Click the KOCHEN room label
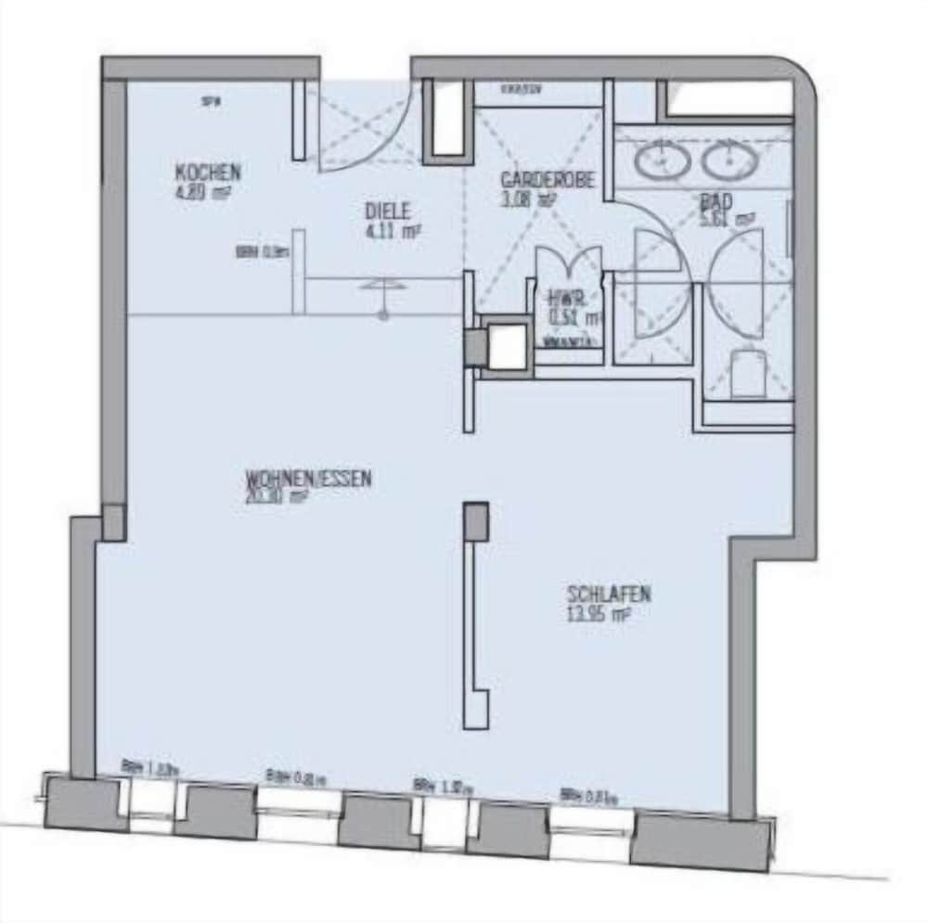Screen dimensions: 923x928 [x=208, y=173]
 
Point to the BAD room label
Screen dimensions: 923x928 [x=716, y=200]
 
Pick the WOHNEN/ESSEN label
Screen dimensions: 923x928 [x=309, y=479]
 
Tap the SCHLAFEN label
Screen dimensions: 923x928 [x=609, y=594]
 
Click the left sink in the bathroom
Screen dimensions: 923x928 [x=662, y=161]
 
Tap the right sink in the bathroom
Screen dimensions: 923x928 [x=729, y=161]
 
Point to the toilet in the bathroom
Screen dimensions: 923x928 [x=748, y=372]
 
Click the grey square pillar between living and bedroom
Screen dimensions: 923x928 [x=476, y=520]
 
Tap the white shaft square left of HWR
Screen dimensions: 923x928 [x=507, y=347]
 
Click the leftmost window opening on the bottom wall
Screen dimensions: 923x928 [x=150, y=803]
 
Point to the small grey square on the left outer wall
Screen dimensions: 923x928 [x=113, y=522]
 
